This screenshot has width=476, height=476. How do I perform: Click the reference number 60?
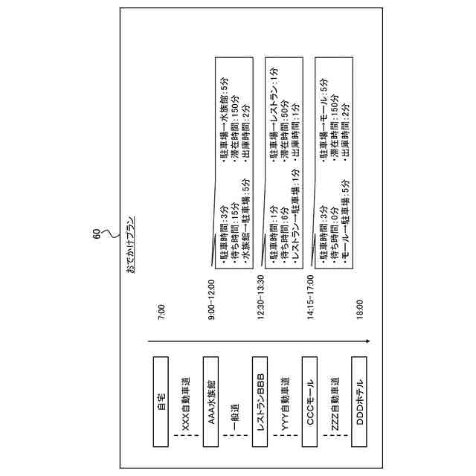[96, 232]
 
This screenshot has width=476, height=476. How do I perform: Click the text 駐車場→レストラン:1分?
[273, 110]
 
